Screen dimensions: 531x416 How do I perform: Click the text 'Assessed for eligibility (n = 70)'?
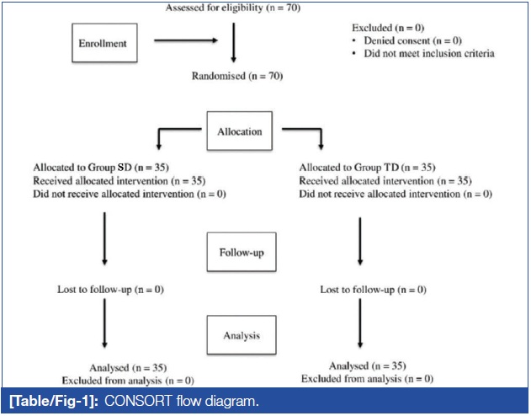233,8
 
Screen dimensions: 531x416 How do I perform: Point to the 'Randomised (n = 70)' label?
237,76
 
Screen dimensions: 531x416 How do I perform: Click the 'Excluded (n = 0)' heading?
388,28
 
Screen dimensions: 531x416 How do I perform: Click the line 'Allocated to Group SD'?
101,168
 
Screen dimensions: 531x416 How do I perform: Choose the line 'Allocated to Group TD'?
367,168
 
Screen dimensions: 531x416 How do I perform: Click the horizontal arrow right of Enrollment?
186,40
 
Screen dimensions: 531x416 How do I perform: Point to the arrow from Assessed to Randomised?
234,43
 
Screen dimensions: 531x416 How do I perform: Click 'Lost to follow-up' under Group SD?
110,290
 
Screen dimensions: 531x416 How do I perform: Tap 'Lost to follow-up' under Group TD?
373,290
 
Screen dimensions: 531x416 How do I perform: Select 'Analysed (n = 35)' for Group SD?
128,368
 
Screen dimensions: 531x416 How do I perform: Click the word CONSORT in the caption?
138,401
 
